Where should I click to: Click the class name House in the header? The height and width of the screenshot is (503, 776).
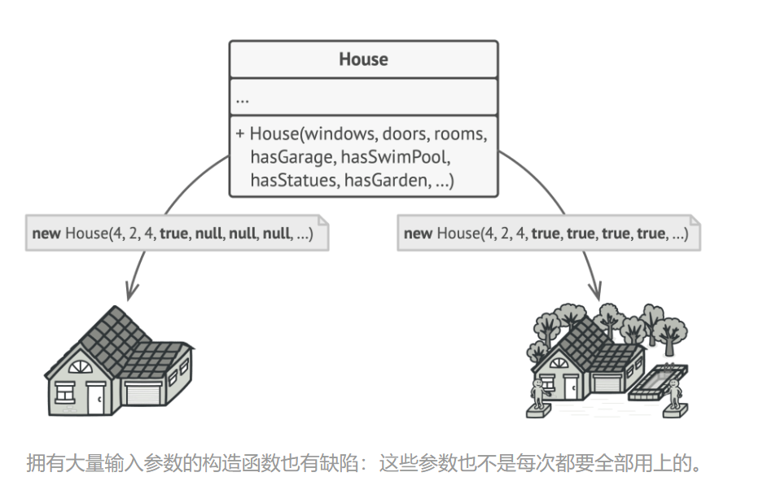click(363, 59)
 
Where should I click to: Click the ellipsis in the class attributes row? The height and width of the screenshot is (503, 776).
click(242, 98)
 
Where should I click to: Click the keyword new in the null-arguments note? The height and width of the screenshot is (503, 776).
click(46, 234)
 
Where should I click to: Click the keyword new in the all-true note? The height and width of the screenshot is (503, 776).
click(418, 234)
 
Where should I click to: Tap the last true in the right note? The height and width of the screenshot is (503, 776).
click(651, 234)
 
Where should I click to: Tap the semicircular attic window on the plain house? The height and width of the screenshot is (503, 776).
click(81, 368)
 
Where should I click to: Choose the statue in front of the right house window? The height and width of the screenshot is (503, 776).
click(538, 395)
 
